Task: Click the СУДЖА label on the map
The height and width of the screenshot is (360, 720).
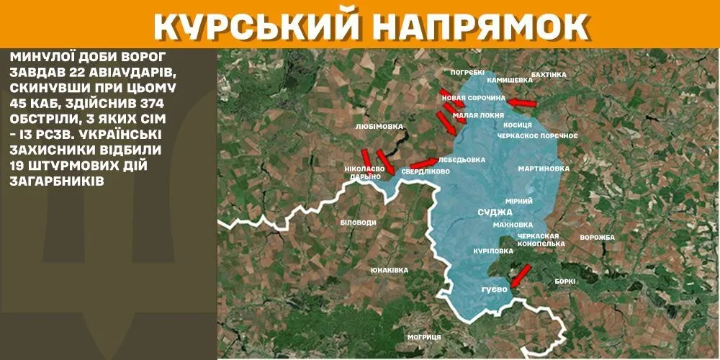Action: pos(495,212)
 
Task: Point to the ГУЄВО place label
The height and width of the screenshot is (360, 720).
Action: pos(495,289)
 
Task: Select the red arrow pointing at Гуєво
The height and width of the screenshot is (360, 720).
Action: pos(518,274)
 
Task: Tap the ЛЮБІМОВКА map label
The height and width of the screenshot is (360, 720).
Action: pos(379,126)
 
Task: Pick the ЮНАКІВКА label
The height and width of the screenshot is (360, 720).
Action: pos(390,270)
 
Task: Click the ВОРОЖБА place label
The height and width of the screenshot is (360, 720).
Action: pos(597,238)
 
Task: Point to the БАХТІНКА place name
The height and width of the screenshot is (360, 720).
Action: pos(549,74)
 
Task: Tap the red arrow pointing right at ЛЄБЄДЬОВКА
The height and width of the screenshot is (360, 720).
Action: pos(423,163)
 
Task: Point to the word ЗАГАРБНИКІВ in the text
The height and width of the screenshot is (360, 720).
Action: pos(58,181)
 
